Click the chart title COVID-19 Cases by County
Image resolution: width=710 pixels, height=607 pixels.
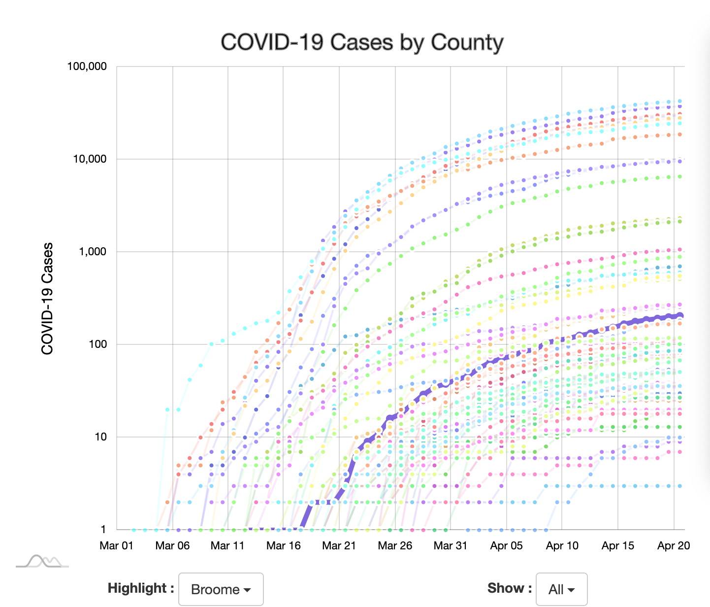point(362,42)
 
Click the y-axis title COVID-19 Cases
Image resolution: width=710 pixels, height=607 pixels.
point(47,299)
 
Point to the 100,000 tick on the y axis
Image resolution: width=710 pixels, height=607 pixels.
point(87,67)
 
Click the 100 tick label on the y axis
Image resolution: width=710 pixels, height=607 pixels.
point(98,344)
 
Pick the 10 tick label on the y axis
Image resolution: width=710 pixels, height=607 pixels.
point(100,437)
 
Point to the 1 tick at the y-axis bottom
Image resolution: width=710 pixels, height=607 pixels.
point(103,530)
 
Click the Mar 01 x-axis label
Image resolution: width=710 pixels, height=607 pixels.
point(117,545)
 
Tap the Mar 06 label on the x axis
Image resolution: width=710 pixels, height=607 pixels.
point(172,545)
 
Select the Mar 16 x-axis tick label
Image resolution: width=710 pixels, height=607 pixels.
point(284,545)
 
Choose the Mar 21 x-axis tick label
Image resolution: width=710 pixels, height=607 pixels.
point(339,545)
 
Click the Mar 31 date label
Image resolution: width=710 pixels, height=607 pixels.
point(451,545)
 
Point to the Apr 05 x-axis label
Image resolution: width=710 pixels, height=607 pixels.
point(507,545)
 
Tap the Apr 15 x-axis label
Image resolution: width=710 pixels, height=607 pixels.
point(618,545)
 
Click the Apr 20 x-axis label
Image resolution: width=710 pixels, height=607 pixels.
point(674,545)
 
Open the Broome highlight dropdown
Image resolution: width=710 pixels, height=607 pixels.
point(221,589)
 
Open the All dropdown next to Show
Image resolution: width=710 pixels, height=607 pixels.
point(561,589)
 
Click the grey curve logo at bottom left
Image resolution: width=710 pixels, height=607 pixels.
point(42,562)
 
